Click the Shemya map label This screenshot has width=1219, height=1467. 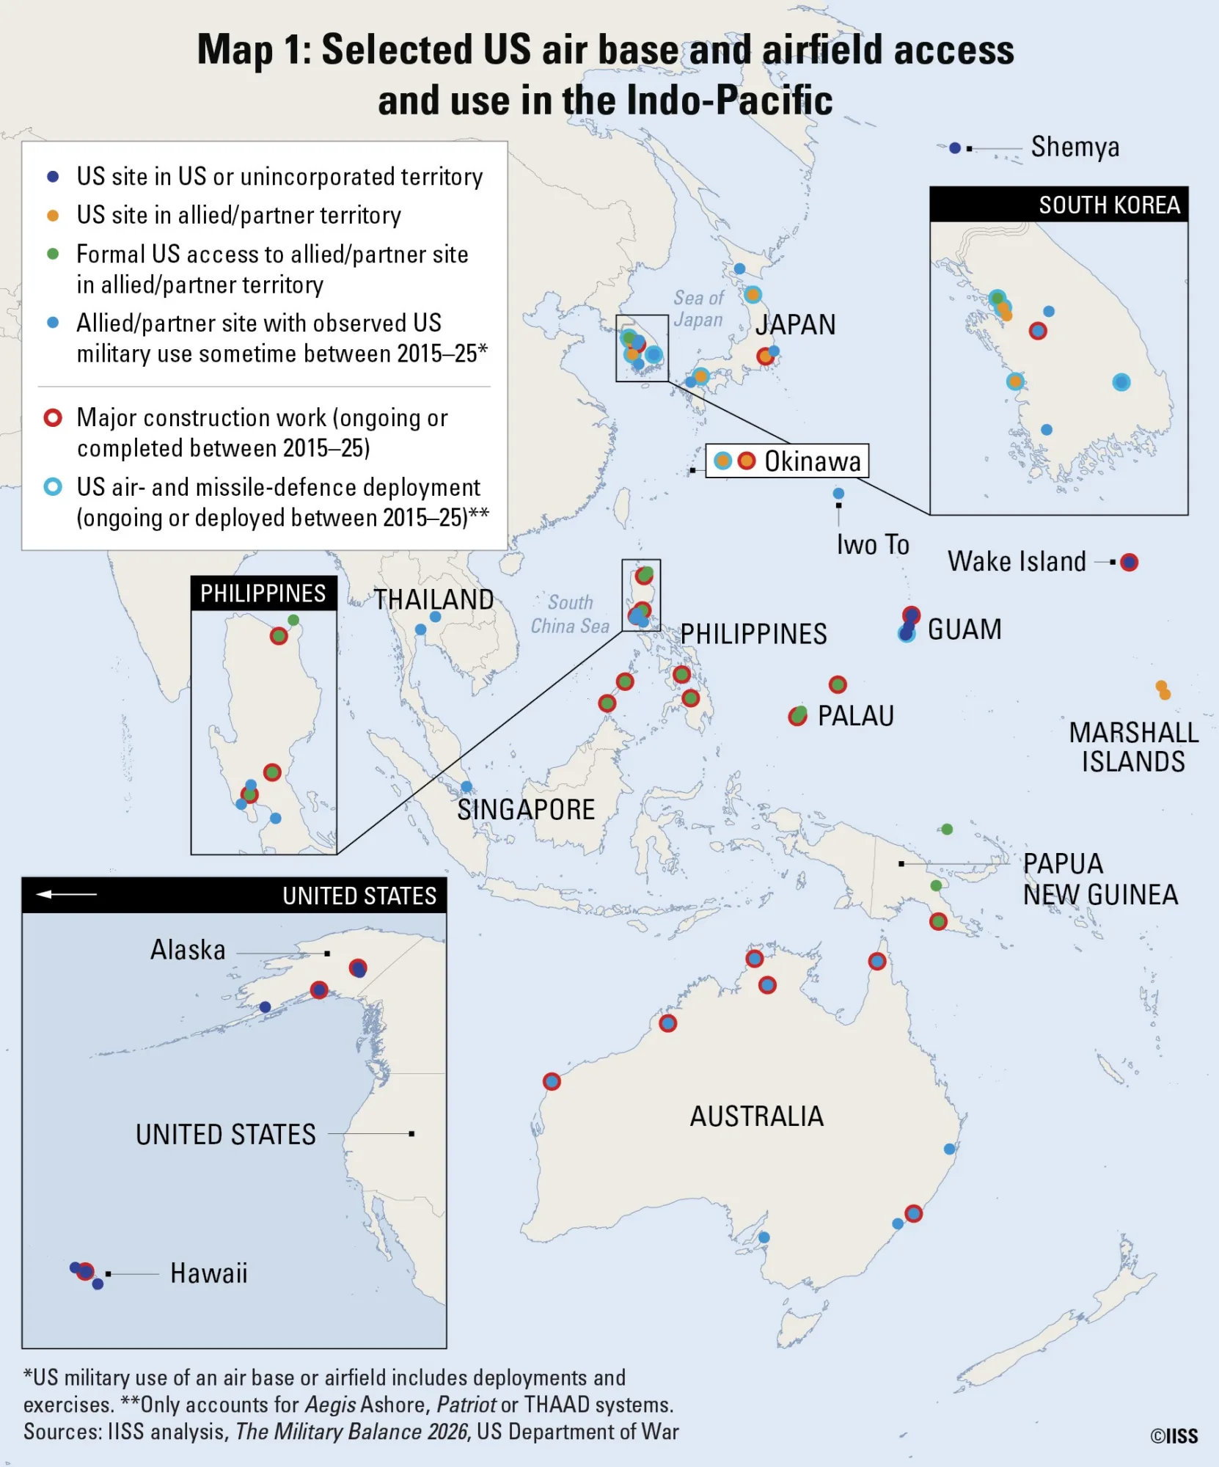1075,147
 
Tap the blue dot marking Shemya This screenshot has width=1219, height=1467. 954,148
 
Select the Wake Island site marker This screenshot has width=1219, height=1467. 1130,563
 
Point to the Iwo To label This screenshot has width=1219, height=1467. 873,545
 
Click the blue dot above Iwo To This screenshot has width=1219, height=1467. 838,494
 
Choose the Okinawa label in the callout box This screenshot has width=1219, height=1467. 813,461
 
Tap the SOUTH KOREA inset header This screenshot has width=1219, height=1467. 1109,205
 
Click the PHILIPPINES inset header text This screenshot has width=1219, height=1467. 263,593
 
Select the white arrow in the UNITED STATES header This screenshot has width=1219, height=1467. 66,894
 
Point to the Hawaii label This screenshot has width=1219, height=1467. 208,1273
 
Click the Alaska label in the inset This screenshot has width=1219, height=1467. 188,950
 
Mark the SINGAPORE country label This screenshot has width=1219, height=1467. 526,810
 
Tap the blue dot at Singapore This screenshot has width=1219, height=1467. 466,787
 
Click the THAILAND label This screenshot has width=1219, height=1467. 433,600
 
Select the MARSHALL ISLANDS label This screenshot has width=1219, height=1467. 1133,747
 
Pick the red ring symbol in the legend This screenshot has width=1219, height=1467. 53,418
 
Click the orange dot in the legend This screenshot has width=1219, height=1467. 53,216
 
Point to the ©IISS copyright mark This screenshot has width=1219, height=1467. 1174,1436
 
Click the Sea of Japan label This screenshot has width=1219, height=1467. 698,309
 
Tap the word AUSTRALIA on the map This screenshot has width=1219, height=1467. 756,1116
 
